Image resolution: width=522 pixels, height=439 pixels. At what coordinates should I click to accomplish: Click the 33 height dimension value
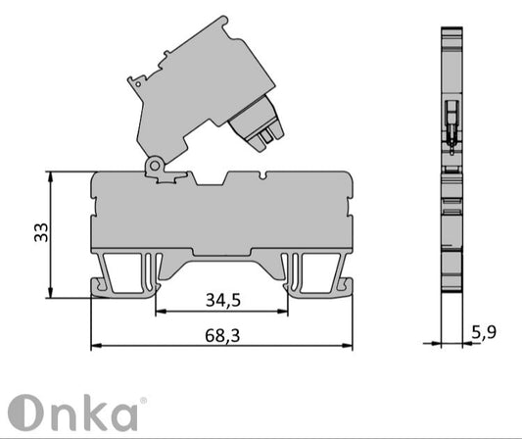click(40, 232)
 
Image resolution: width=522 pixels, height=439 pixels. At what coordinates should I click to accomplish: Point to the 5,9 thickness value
click(483, 332)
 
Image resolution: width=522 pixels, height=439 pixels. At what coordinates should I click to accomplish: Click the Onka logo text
click(76, 414)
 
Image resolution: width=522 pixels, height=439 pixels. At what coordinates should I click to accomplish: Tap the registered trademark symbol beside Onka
click(143, 401)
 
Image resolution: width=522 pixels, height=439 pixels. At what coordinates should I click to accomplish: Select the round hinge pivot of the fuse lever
click(154, 169)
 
